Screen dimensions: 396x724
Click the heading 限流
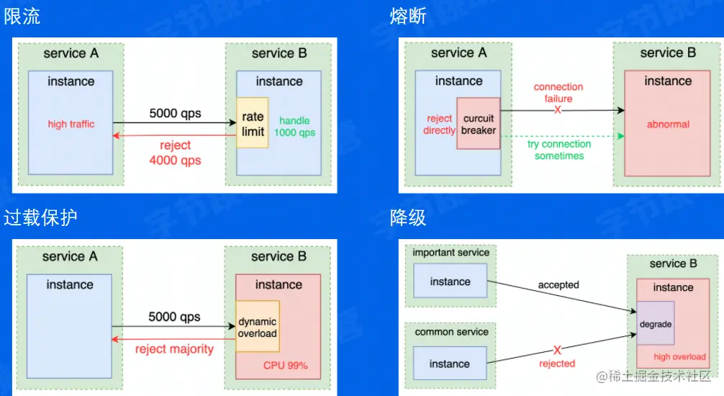22,17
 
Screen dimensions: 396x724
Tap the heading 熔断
408,17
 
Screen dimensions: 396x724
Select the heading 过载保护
40,217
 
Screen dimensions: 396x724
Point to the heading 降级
408,217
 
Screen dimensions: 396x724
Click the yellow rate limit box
253,123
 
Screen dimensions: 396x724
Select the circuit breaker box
479,124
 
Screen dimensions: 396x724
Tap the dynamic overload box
257,327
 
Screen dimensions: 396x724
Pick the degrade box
655,324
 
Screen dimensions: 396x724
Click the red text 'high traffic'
71,124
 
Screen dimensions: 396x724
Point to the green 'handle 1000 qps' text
294,127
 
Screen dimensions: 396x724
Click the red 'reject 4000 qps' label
176,153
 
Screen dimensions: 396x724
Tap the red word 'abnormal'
668,125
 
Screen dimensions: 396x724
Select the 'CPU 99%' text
285,366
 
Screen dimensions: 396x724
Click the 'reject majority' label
175,349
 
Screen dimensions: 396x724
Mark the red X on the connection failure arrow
558,109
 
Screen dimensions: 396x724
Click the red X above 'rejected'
557,350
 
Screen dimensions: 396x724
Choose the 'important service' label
451,253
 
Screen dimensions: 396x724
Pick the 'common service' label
451,332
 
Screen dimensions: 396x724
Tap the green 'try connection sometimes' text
559,150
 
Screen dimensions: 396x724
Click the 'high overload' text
679,357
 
